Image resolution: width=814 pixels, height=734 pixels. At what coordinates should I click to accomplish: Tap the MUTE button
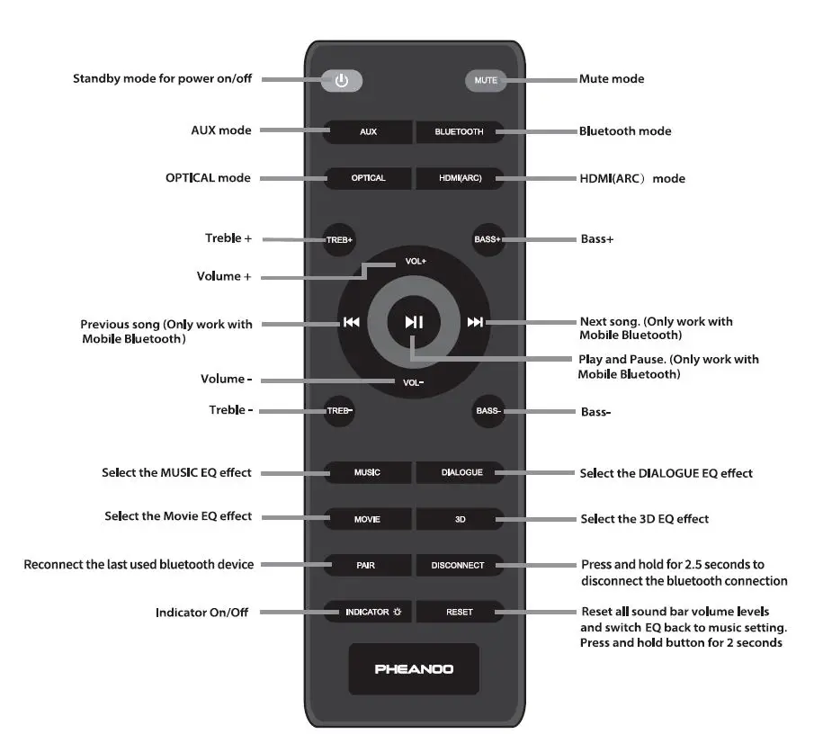(486, 80)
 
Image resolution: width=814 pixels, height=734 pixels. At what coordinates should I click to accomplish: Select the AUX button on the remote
(368, 131)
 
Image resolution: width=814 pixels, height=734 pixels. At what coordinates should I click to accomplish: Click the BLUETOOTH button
(459, 131)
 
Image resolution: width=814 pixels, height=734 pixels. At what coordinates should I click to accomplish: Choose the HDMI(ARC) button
(460, 178)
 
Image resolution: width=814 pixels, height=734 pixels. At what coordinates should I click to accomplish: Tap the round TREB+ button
(340, 240)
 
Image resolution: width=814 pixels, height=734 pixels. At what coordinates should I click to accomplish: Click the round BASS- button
(488, 411)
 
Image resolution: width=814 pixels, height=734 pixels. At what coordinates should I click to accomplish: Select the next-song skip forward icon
(475, 323)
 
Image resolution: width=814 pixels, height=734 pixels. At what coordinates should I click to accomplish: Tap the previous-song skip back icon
(351, 323)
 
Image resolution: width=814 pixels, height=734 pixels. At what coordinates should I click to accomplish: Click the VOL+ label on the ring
(415, 262)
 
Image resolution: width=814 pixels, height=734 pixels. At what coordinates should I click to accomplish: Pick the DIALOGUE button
(461, 472)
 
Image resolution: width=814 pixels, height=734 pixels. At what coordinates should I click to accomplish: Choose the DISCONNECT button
(458, 566)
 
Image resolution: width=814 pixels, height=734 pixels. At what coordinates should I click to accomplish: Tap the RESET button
(459, 613)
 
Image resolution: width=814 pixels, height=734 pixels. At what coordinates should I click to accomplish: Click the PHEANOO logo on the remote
(414, 669)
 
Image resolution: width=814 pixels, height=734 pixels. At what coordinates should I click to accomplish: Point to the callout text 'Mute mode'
(612, 79)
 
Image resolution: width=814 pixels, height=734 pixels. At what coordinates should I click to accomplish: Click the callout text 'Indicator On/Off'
(201, 613)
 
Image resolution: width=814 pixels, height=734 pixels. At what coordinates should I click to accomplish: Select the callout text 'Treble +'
(228, 239)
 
